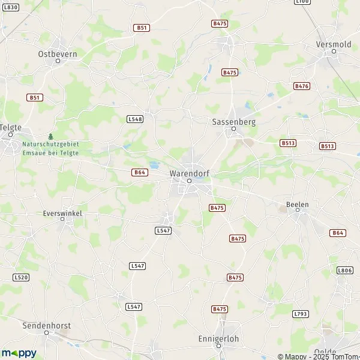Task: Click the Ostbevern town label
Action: click(x=58, y=53)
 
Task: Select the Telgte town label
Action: click(x=10, y=128)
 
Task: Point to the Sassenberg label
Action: click(x=233, y=121)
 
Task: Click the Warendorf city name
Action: click(x=188, y=173)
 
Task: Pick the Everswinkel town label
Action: click(x=62, y=213)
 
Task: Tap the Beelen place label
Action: click(x=298, y=205)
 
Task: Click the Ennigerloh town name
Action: click(x=218, y=339)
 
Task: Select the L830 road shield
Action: click(x=10, y=7)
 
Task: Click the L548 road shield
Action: click(x=135, y=119)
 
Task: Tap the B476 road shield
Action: click(x=301, y=86)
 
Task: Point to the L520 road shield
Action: click(x=20, y=277)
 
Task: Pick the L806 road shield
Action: click(x=345, y=271)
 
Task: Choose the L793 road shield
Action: click(x=301, y=314)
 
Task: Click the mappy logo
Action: click(x=19, y=353)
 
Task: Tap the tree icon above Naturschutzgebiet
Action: click(x=50, y=136)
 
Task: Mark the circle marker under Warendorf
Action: click(x=188, y=181)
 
